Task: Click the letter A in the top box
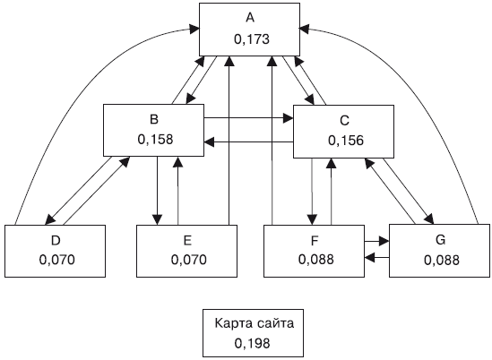click(250, 18)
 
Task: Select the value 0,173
click(252, 39)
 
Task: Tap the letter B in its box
click(154, 119)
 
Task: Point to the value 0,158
click(155, 140)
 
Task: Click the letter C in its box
click(344, 120)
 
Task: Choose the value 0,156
click(346, 141)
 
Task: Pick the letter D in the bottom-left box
click(56, 241)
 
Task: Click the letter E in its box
click(187, 241)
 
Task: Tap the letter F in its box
click(315, 241)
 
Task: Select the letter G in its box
click(441, 240)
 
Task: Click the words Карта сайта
click(255, 323)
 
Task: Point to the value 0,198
click(252, 343)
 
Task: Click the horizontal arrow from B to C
click(248, 118)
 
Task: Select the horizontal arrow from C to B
click(248, 142)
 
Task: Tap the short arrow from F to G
click(377, 241)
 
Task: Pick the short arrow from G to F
click(377, 257)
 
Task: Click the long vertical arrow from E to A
click(229, 141)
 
